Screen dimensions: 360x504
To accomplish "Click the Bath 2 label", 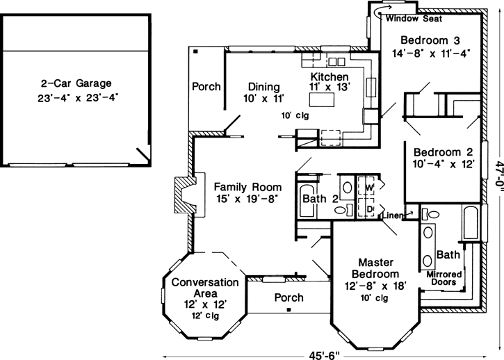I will click(x=320, y=200).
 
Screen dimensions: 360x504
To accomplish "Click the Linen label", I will click(x=393, y=215).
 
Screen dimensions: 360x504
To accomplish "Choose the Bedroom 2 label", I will click(x=444, y=158).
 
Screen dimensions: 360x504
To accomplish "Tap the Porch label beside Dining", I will click(x=206, y=87).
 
